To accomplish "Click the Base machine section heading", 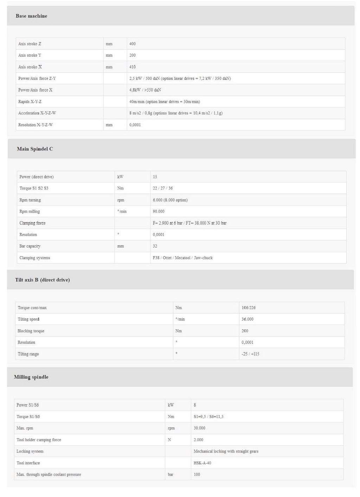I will point(31,16).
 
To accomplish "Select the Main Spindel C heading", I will point(35,149).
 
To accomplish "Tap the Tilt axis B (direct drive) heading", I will point(42,280).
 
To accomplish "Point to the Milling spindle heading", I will point(31,377).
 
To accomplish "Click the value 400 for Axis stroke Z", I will point(132,44).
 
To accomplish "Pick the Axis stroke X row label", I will point(30,67).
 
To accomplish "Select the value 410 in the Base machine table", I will point(132,67).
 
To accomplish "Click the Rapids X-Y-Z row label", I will point(30,102).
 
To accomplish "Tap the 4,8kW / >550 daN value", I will point(145,90).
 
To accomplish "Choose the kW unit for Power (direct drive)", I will point(120,177).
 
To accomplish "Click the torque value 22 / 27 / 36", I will point(162,188).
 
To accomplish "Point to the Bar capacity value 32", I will point(155,246).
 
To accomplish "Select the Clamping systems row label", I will point(34,258).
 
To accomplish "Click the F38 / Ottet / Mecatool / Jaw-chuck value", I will point(182,258).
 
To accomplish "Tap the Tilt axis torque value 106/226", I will point(248,308).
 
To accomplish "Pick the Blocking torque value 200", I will point(245,331).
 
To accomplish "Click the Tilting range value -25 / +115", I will point(250,354).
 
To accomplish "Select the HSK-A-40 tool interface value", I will point(202,463).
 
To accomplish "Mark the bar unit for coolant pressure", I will point(171,475).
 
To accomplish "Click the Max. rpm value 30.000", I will point(199,428).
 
